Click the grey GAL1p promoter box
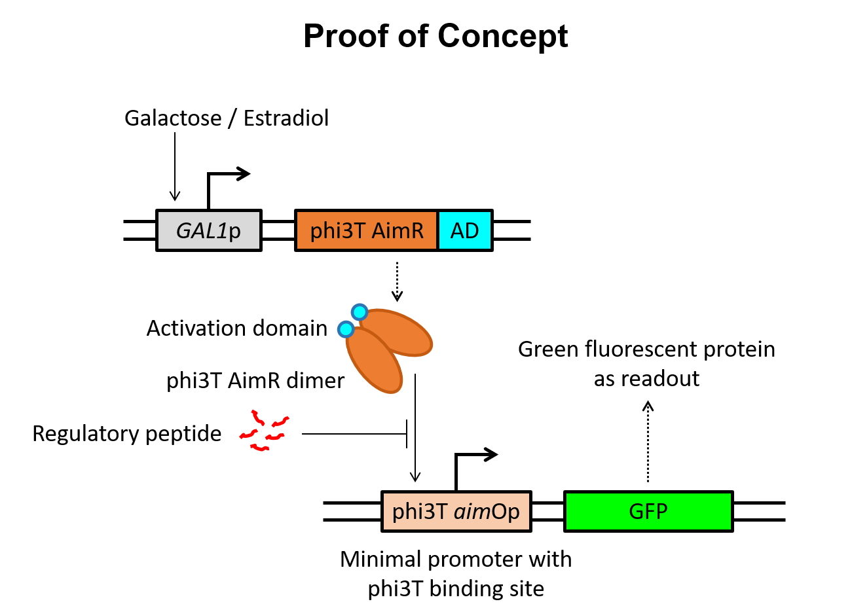pyautogui.click(x=209, y=230)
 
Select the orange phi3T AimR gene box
pyautogui.click(x=367, y=230)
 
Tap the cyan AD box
pyautogui.click(x=465, y=230)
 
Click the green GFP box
pyautogui.click(x=648, y=511)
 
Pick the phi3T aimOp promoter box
pyautogui.click(x=456, y=511)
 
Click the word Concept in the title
pyautogui.click(x=503, y=37)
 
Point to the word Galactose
pyautogui.click(x=173, y=118)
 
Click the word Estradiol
pyautogui.click(x=286, y=118)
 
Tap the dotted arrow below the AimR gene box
pyautogui.click(x=397, y=281)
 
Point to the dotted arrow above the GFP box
pyautogui.click(x=648, y=442)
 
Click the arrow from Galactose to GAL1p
pyautogui.click(x=175, y=166)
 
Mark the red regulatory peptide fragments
pyautogui.click(x=264, y=431)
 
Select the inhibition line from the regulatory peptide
pyautogui.click(x=354, y=433)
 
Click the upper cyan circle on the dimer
pyautogui.click(x=360, y=312)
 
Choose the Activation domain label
pyautogui.click(x=237, y=328)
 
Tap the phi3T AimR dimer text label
pyautogui.click(x=255, y=380)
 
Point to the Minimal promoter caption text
pyautogui.click(x=456, y=574)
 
